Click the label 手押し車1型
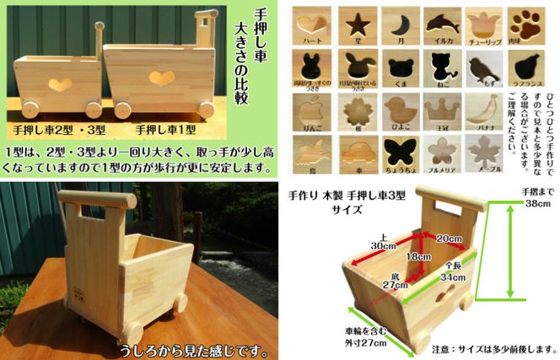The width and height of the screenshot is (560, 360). [x=167, y=130]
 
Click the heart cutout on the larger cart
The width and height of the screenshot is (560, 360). [x=161, y=78]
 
